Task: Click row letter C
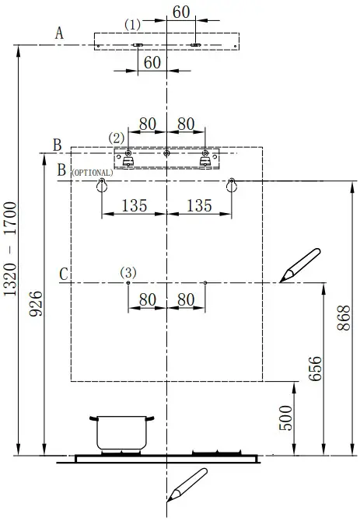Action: tap(64, 275)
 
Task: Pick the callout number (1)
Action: tap(133, 25)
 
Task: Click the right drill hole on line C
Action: tap(204, 282)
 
